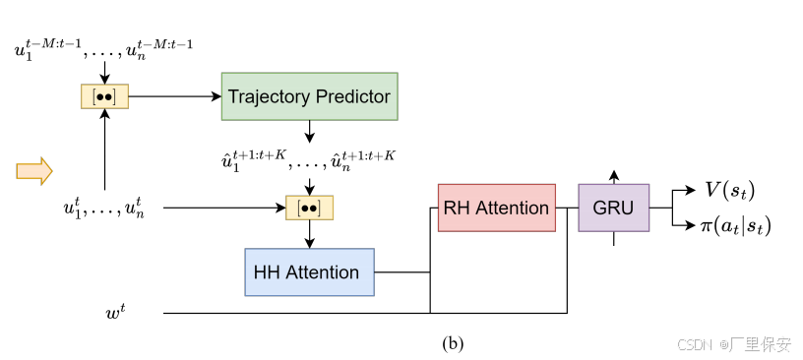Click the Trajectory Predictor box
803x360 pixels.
(x=309, y=96)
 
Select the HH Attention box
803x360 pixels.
(x=309, y=272)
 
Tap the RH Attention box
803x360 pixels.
(x=496, y=208)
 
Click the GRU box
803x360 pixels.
(x=613, y=208)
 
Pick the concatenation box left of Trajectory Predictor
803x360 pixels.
(x=104, y=96)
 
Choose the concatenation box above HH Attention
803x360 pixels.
(x=309, y=208)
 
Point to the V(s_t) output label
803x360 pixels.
(x=730, y=190)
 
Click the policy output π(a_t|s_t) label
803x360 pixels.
(x=733, y=226)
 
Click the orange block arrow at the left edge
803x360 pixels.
(x=33, y=171)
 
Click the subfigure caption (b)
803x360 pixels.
(x=453, y=343)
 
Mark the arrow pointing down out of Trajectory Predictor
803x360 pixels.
(x=309, y=132)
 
